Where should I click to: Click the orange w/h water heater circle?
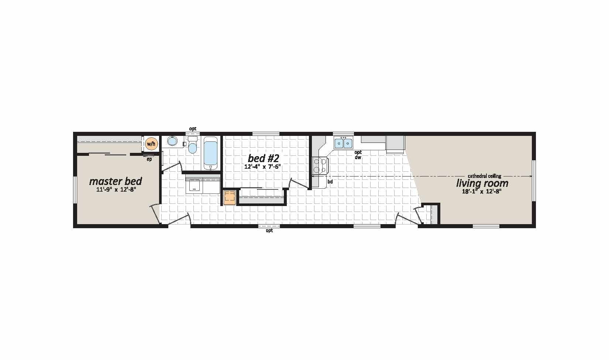pyautogui.click(x=151, y=143)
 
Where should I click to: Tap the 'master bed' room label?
pyautogui.click(x=116, y=181)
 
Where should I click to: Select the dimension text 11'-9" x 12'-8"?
pyautogui.click(x=116, y=189)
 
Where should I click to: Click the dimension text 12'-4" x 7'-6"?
pyautogui.click(x=262, y=167)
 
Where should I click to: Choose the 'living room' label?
pyautogui.click(x=482, y=183)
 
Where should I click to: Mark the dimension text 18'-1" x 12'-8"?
pyautogui.click(x=482, y=191)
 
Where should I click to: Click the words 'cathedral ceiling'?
pyautogui.click(x=484, y=176)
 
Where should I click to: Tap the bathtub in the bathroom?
pyautogui.click(x=210, y=153)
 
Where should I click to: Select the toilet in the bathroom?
pyautogui.click(x=192, y=145)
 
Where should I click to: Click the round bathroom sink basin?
pyautogui.click(x=172, y=141)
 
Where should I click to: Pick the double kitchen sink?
pyautogui.click(x=343, y=143)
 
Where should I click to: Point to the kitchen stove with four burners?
pyautogui.click(x=320, y=166)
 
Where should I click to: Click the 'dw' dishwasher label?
pyautogui.click(x=358, y=157)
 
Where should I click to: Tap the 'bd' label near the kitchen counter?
pyautogui.click(x=330, y=181)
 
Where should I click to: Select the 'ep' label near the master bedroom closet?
pyautogui.click(x=149, y=160)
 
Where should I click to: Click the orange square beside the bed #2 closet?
pyautogui.click(x=230, y=198)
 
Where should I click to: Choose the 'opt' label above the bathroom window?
pyautogui.click(x=193, y=129)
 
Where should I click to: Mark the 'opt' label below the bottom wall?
pyautogui.click(x=269, y=230)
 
